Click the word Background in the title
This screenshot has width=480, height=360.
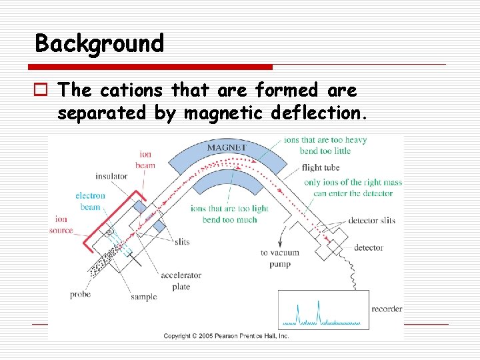pos(99,44)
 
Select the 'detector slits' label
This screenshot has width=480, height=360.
pos(372,219)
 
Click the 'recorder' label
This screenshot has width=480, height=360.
pos(387,309)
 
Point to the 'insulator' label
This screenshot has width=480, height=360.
pos(112,176)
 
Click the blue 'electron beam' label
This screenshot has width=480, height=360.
pos(91,201)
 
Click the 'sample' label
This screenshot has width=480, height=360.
pos(144,297)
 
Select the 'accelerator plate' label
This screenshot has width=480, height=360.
pos(175,281)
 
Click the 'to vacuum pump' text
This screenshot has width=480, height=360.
pos(279,258)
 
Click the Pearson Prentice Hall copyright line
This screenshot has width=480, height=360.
pos(226,336)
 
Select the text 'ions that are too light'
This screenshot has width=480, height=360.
pos(229,209)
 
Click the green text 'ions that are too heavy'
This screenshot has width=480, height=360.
pos(325,140)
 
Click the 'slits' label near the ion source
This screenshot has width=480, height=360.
pos(179,241)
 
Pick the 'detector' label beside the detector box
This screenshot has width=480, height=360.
pos(368,247)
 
